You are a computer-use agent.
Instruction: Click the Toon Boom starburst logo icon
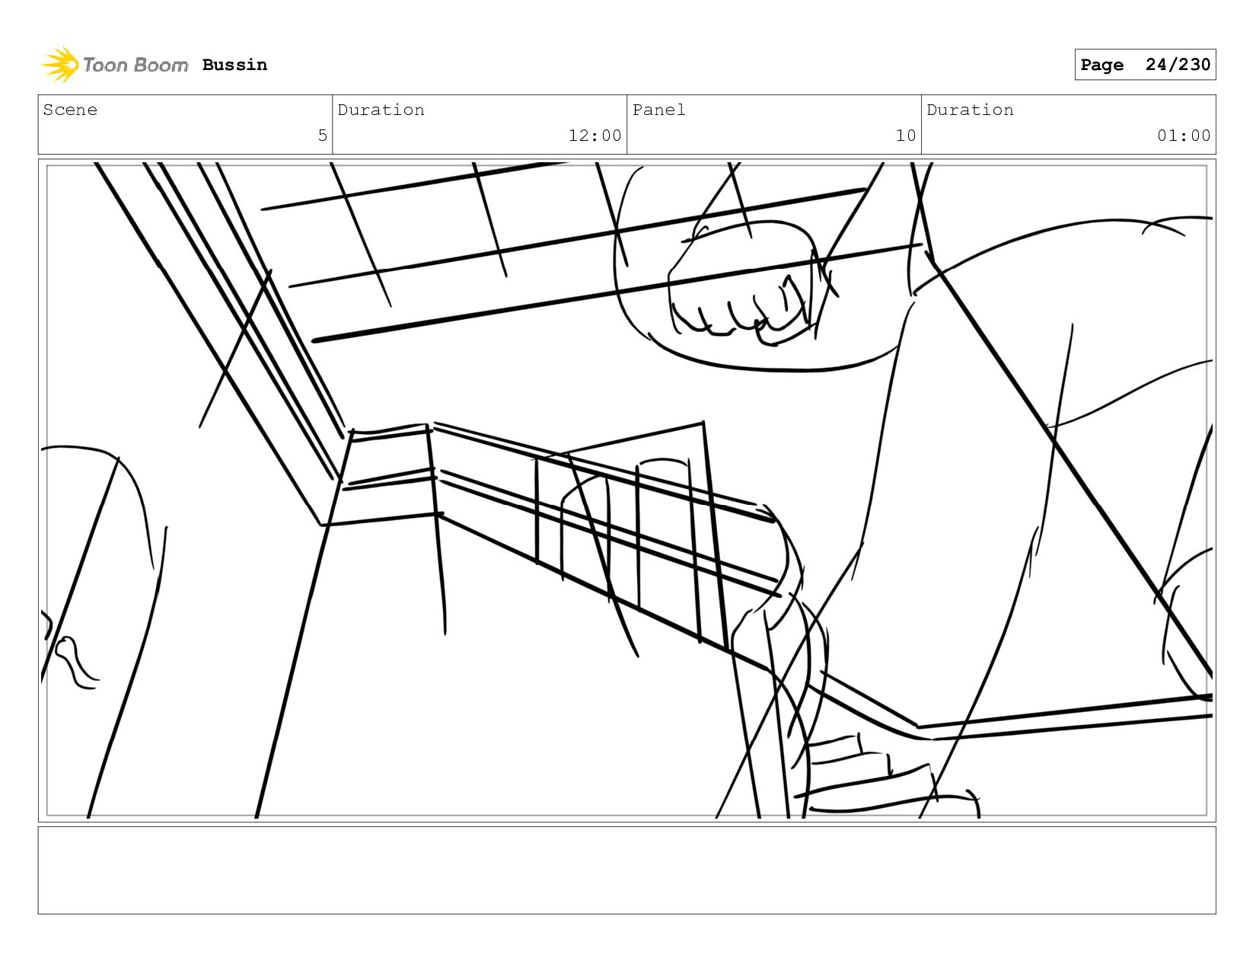(x=60, y=64)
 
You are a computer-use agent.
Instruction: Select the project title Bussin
(x=234, y=65)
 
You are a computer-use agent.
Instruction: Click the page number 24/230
(x=1177, y=65)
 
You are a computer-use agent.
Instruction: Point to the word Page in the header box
(x=1101, y=65)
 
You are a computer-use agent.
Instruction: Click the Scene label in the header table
(x=70, y=110)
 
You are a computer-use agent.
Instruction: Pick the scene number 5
(x=322, y=136)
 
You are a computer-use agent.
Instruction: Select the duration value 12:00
(x=595, y=136)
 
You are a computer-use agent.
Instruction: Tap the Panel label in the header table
(x=658, y=110)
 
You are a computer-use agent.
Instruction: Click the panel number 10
(x=905, y=136)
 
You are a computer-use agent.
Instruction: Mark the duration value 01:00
(x=1183, y=136)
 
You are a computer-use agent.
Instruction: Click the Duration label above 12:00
(x=381, y=110)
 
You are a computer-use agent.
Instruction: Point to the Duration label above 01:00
(x=970, y=110)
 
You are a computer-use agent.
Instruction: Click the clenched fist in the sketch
(x=742, y=286)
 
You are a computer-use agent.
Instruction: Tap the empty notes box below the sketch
(x=626, y=870)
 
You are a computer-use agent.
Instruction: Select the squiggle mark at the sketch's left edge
(x=76, y=661)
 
